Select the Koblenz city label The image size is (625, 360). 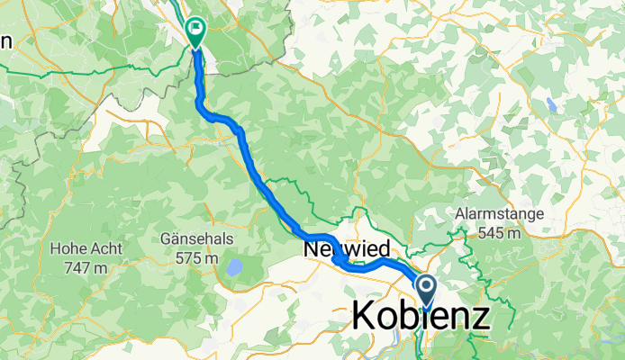421,317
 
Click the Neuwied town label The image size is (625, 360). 347,247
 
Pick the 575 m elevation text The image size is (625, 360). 197,257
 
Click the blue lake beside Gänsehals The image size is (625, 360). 234,267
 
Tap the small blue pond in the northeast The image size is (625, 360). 551,103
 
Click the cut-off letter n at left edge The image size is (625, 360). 5,40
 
